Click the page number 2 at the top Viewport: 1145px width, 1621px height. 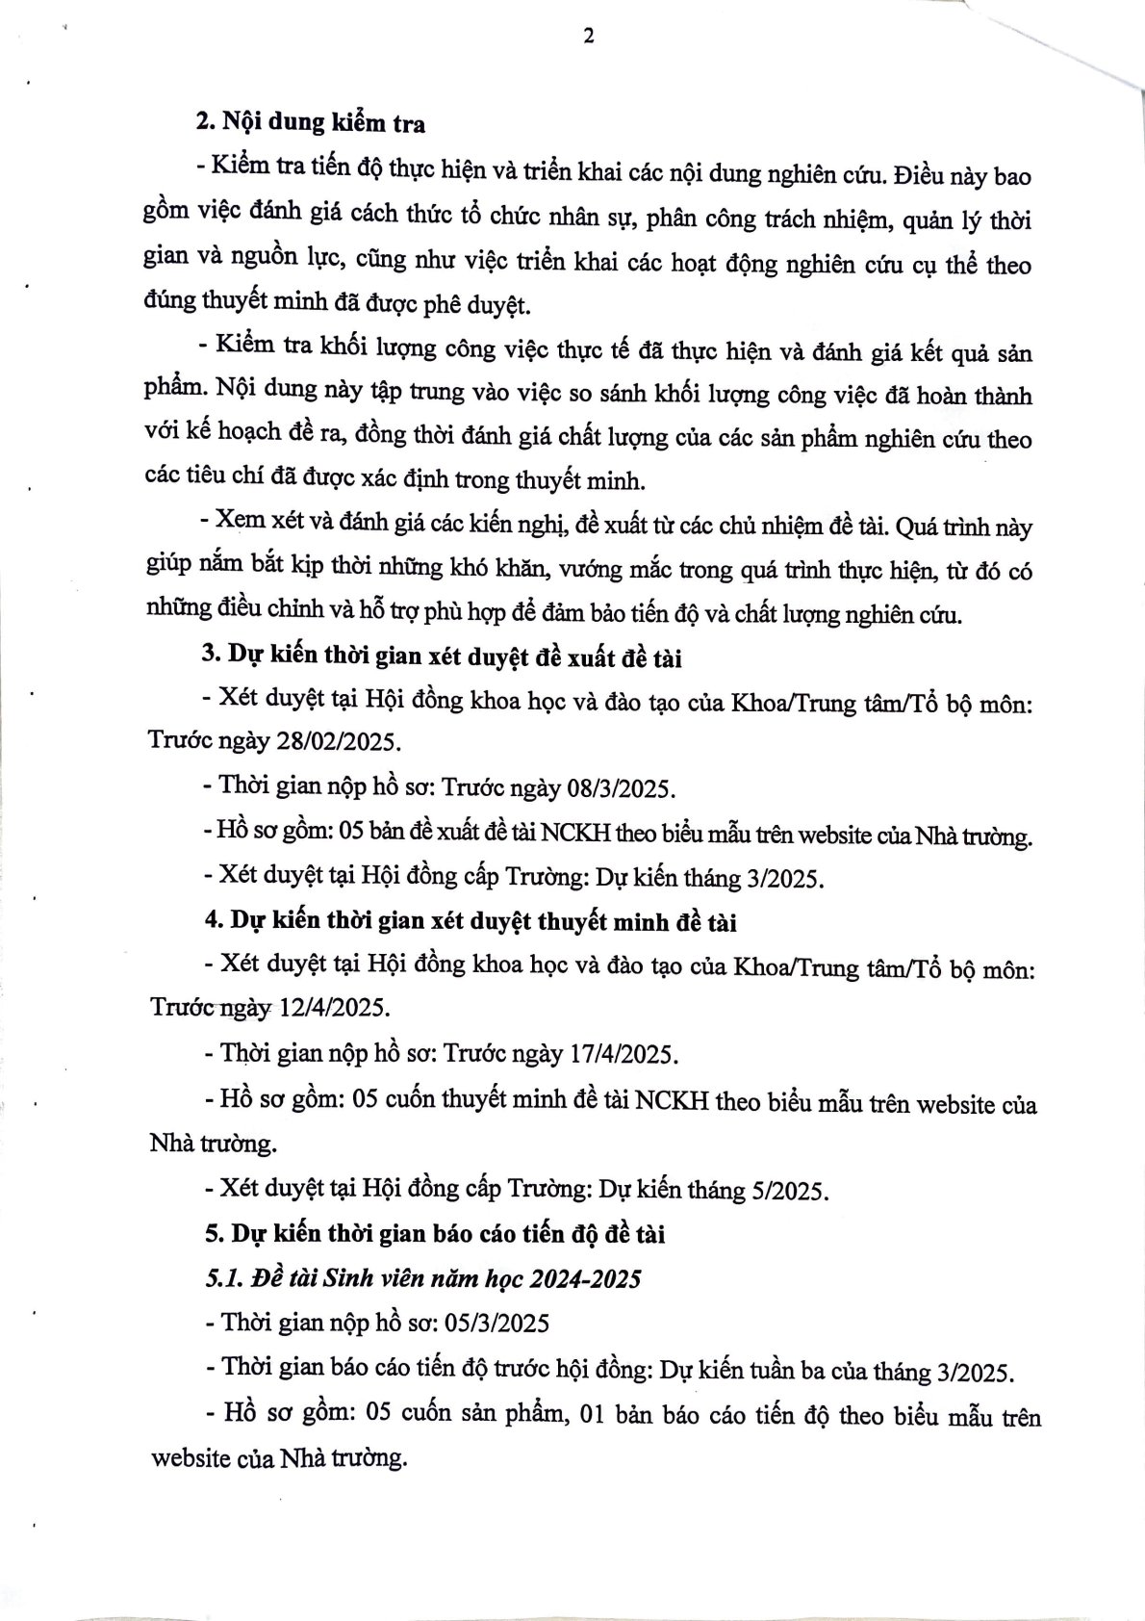click(588, 38)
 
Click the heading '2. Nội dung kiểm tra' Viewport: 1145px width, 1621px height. click(310, 124)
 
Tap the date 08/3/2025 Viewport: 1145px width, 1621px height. click(619, 787)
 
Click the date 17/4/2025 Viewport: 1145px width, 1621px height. click(622, 1053)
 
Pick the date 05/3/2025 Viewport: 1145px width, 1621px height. click(497, 1323)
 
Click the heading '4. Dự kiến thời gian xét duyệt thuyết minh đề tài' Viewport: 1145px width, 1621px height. click(471, 921)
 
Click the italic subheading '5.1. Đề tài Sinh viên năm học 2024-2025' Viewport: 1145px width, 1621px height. click(423, 1278)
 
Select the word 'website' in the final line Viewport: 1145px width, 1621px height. click(191, 1458)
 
